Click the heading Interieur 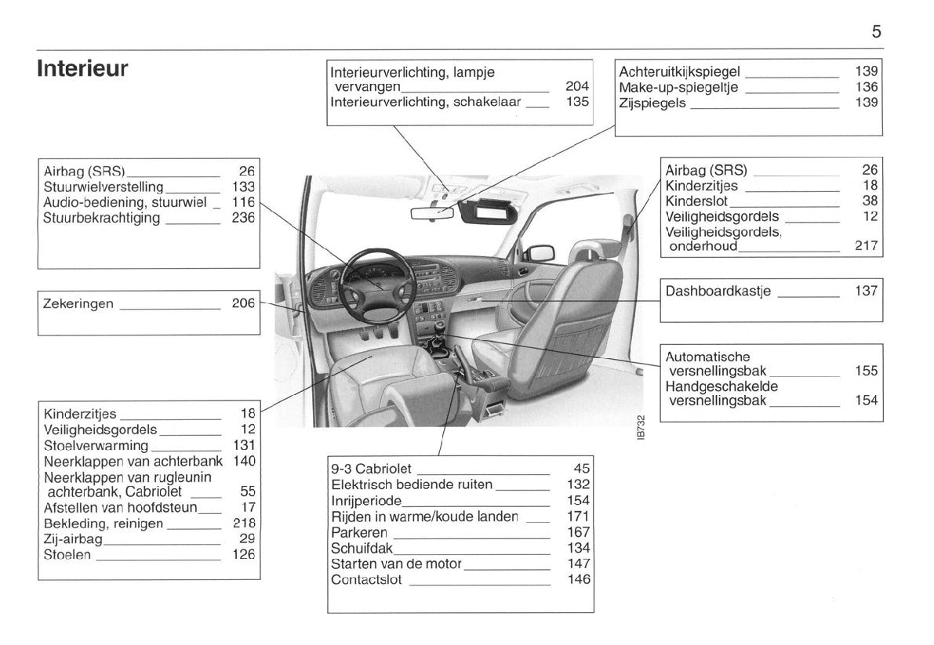click(82, 68)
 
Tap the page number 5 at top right click(876, 32)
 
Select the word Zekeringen click(78, 303)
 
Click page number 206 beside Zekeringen click(243, 303)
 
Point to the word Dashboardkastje click(718, 292)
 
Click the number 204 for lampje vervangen click(577, 86)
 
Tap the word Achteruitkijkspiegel click(680, 71)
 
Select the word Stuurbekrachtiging click(102, 218)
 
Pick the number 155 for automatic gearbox click(866, 371)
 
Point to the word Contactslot click(366, 580)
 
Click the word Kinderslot click(697, 201)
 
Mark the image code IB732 click(641, 427)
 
